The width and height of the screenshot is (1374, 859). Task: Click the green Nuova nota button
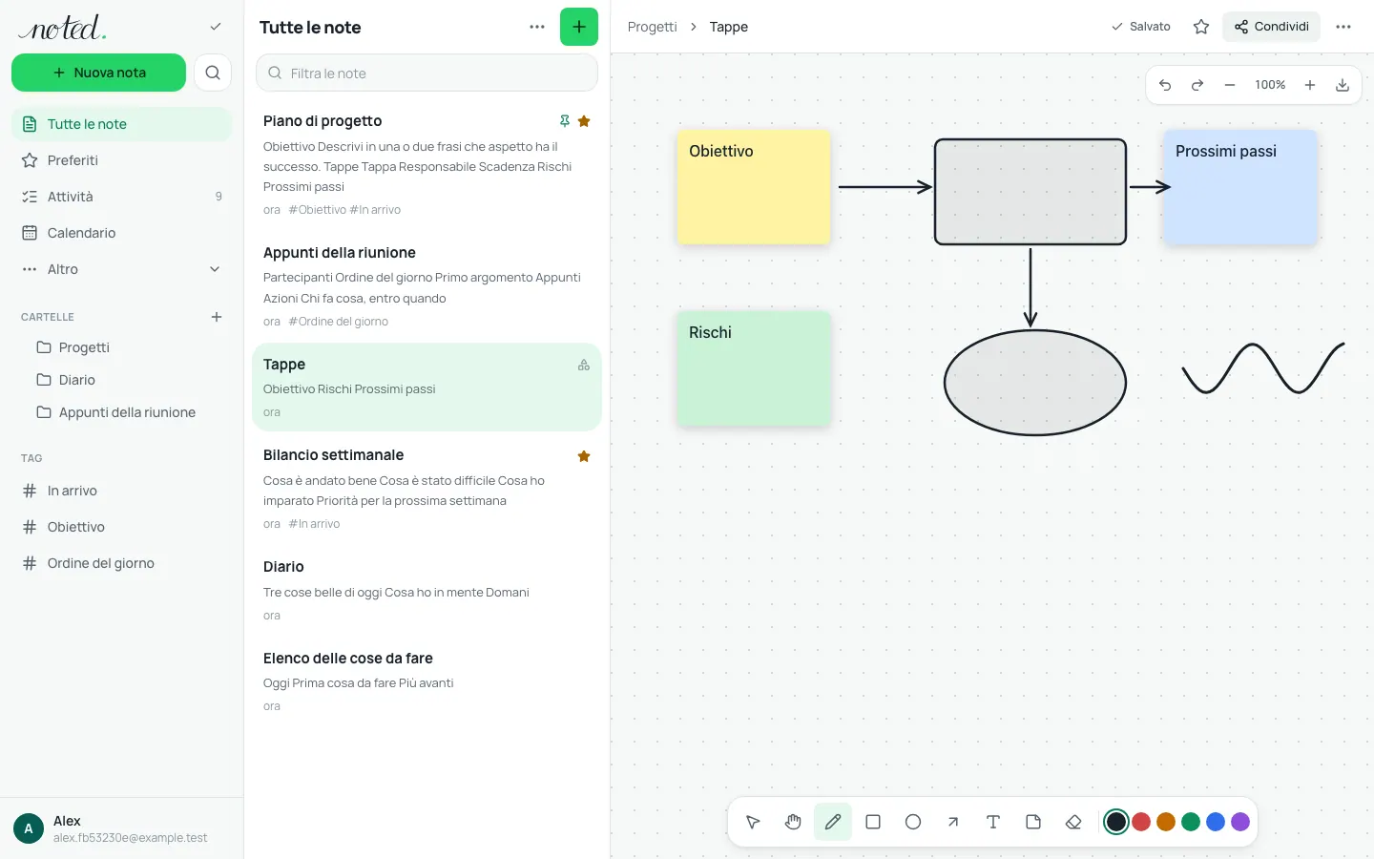tap(98, 73)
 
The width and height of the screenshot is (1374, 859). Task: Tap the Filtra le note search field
tap(427, 73)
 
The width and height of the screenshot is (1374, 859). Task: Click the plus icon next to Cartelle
tap(217, 317)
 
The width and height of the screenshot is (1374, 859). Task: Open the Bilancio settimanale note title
tap(333, 454)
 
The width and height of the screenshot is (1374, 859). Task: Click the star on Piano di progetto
tap(584, 121)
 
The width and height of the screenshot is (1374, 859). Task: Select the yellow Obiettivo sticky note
tap(753, 187)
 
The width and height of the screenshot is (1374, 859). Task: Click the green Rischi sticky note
tap(753, 368)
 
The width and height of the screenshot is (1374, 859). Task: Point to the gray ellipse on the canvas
tap(1034, 382)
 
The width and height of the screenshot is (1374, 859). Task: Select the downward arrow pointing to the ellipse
tap(1030, 287)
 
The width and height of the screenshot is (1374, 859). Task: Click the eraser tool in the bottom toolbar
tap(1073, 822)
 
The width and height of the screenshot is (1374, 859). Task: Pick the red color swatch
tap(1141, 822)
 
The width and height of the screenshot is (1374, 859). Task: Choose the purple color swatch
tap(1240, 822)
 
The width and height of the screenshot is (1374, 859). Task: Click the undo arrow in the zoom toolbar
tap(1165, 85)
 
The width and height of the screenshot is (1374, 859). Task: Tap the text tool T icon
tap(993, 822)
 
